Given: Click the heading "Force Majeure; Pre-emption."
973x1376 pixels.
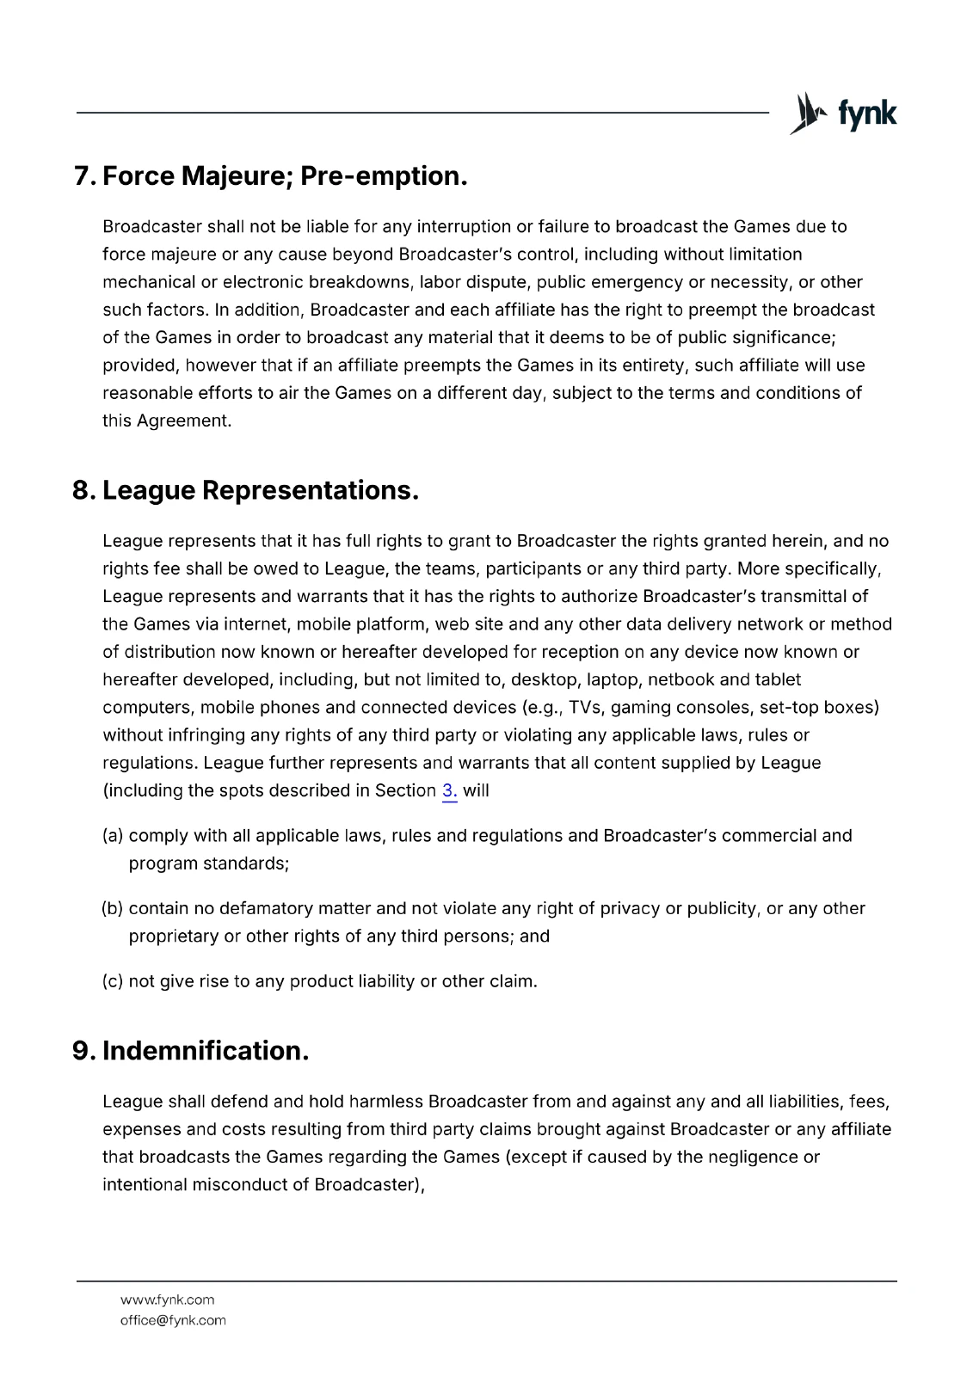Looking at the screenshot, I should click(285, 176).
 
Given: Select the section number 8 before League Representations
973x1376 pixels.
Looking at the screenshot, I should click(83, 491).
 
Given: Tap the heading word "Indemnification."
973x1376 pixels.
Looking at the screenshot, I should click(206, 1051).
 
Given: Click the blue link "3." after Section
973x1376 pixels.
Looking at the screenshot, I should click(449, 791).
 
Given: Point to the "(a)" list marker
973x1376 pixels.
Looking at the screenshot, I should click(113, 836).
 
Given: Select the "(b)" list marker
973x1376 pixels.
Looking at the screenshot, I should click(113, 909).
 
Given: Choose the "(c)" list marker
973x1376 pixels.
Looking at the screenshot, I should click(113, 981).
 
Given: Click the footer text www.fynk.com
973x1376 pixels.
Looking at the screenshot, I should click(167, 1299).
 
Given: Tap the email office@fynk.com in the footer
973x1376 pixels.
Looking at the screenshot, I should click(173, 1320).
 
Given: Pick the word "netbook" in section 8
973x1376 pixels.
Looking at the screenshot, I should click(680, 680).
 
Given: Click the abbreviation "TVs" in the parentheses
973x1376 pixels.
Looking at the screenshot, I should click(586, 708).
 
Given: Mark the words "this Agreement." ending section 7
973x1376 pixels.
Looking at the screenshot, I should click(167, 421).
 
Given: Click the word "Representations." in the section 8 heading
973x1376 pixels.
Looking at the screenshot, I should click(311, 491).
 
